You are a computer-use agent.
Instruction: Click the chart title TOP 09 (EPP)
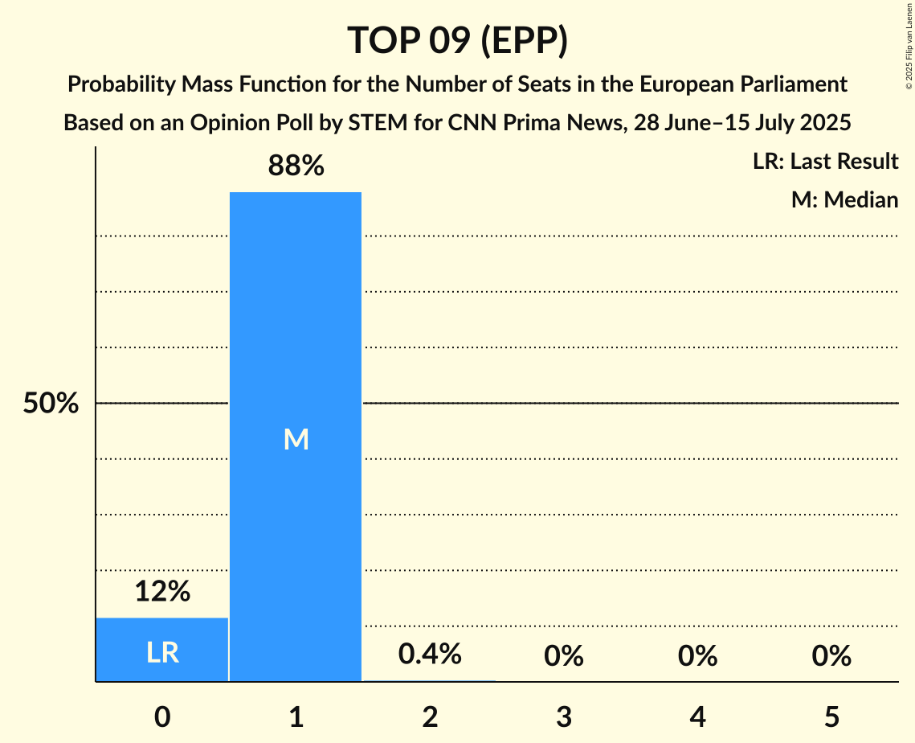coord(457,40)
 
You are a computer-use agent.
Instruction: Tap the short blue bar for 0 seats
coord(162,635)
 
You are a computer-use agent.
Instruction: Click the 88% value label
coord(296,166)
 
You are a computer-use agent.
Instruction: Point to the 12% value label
coord(162,592)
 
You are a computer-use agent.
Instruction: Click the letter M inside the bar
coord(296,439)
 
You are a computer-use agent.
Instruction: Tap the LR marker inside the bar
coord(162,652)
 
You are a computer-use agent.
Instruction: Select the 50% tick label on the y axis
coord(51,404)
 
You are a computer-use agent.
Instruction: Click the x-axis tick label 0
coord(162,716)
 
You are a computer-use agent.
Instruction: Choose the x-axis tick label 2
coord(430,716)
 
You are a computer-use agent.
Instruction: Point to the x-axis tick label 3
coord(564,716)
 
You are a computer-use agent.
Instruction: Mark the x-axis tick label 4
coord(697,716)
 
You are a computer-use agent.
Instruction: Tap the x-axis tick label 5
coord(831,716)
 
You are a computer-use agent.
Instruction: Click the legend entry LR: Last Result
coord(825,162)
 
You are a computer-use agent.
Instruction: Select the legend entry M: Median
coord(844,199)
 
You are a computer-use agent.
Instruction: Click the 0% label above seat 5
coord(831,656)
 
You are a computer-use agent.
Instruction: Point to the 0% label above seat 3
coord(564,656)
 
